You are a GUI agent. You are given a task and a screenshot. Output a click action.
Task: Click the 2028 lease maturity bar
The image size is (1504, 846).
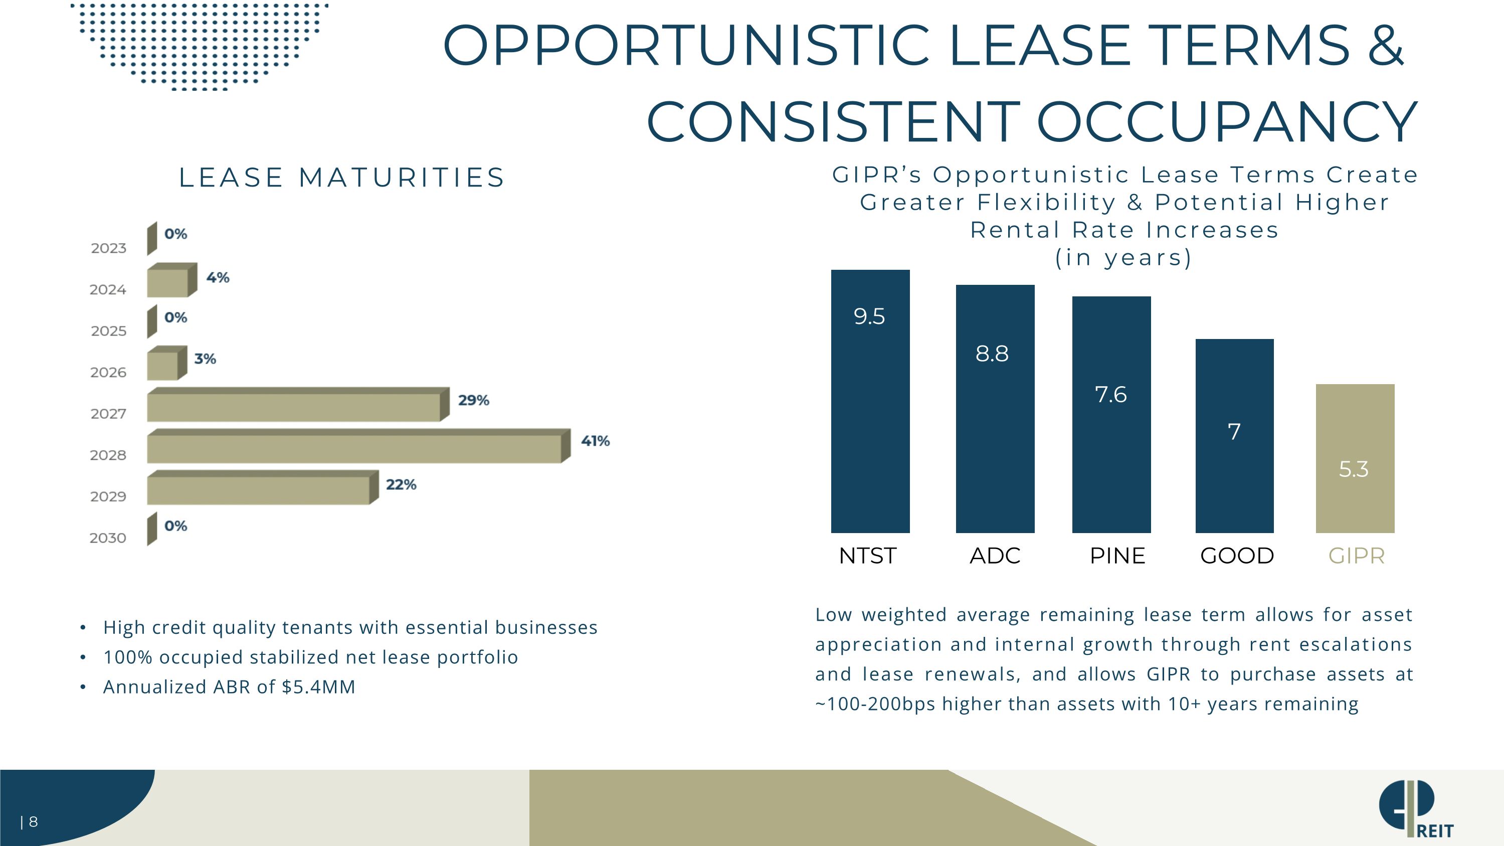tap(358, 446)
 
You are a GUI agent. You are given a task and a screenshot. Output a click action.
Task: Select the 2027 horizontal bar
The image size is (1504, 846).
tap(298, 405)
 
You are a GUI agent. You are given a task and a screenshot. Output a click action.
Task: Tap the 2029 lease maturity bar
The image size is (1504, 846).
tap(263, 487)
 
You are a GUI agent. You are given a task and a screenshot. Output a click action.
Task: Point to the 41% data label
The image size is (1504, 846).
tap(595, 441)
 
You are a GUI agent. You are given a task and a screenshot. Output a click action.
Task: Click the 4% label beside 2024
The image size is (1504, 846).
tap(218, 277)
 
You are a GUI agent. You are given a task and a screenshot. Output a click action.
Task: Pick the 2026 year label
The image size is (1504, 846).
tap(108, 373)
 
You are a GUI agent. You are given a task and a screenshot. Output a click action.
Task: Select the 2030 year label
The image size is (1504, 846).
tap(108, 538)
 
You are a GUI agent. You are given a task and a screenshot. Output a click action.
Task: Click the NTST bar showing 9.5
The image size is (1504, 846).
tap(870, 401)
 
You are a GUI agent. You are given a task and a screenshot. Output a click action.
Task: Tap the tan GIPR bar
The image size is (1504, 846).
tap(1355, 458)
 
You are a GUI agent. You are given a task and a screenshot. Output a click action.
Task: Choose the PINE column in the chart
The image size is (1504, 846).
tap(1111, 415)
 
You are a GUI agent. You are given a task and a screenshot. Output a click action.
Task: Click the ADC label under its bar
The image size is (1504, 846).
tap(995, 556)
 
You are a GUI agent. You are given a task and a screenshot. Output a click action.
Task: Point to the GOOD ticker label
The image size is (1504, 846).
tap(1237, 556)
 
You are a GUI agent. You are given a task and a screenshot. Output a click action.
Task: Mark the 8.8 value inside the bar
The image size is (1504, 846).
tap(992, 353)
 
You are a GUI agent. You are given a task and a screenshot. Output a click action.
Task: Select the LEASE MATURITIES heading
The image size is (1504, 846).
tap(341, 178)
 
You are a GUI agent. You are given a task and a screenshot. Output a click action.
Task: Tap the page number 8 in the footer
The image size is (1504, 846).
tap(33, 822)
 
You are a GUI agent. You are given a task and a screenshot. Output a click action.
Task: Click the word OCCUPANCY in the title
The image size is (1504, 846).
tap(1227, 121)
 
